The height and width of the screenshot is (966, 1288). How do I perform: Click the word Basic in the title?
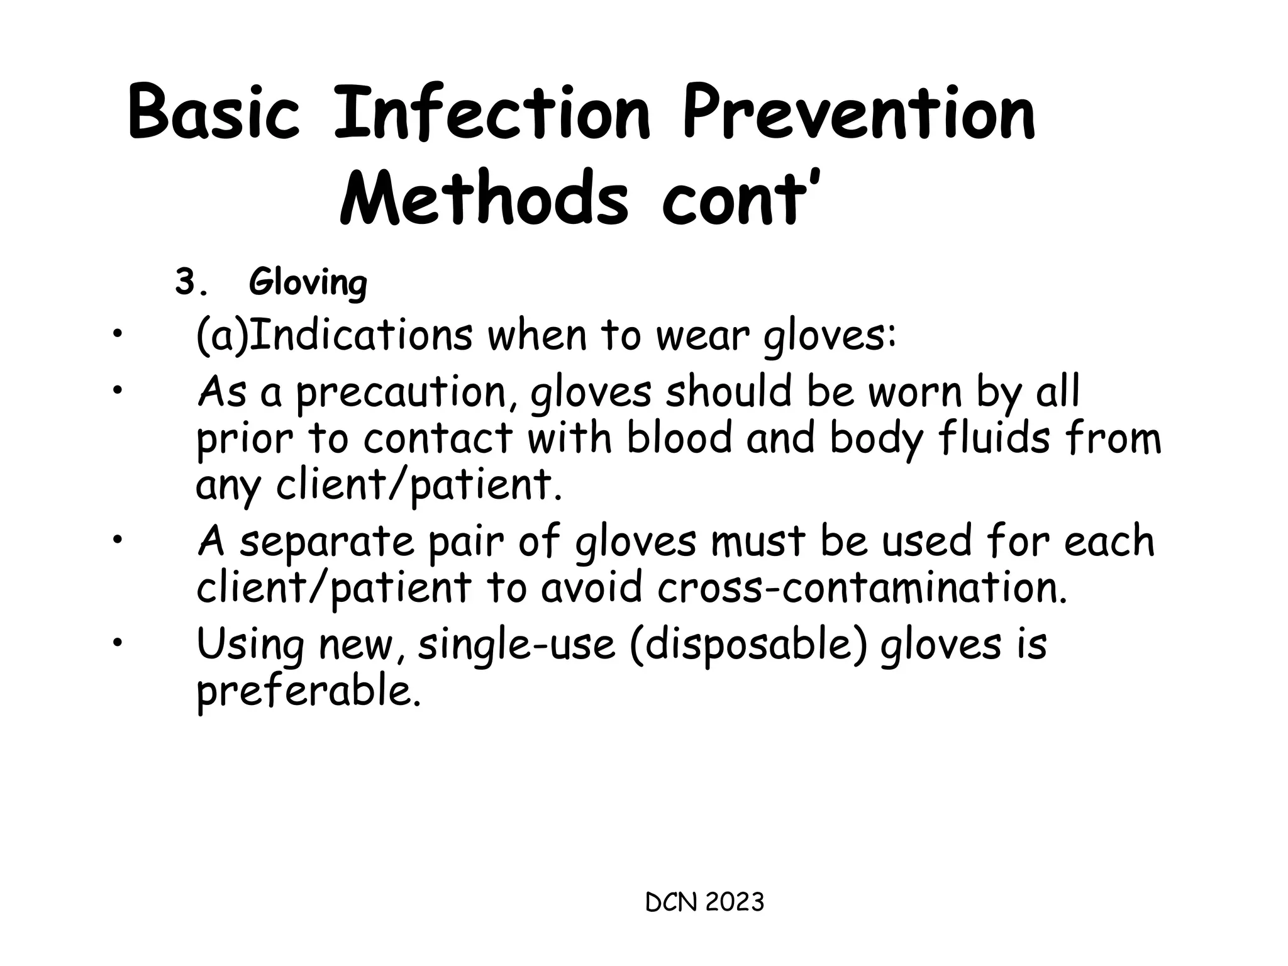214,113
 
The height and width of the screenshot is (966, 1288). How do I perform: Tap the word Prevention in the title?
859,113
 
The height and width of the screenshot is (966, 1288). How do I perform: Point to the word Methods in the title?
484,198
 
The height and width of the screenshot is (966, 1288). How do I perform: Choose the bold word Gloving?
308,283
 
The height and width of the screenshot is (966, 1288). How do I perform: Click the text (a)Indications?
333,336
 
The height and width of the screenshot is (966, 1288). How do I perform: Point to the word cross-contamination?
862,588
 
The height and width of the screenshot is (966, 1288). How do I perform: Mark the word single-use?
516,644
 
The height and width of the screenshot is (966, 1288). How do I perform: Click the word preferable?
308,692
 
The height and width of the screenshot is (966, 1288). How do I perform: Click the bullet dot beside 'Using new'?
116,641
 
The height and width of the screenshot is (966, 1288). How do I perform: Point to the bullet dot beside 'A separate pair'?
116,539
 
